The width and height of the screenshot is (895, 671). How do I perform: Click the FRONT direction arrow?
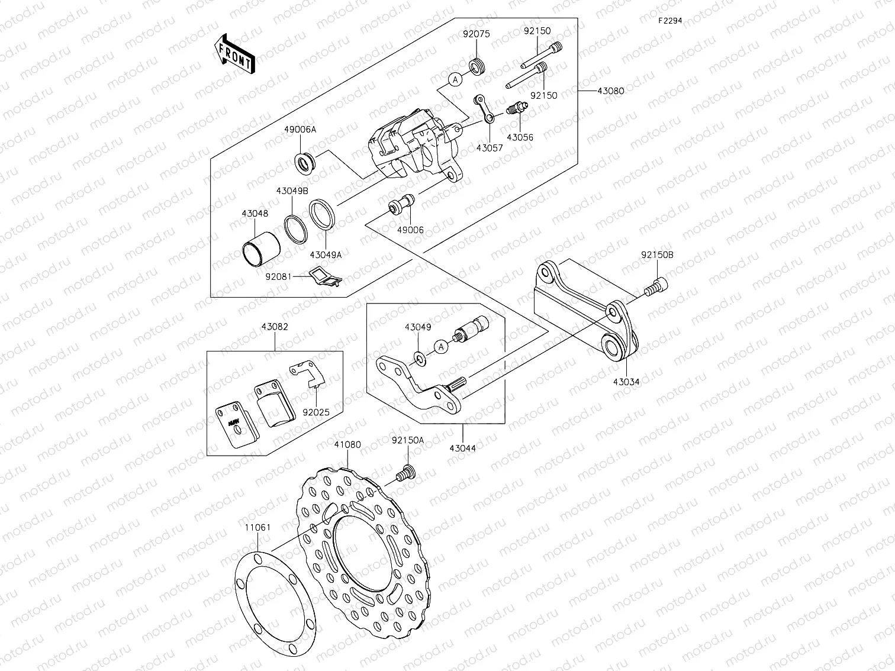point(234,54)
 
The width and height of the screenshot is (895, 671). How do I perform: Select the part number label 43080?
point(610,91)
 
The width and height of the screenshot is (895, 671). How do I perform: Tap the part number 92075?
point(476,34)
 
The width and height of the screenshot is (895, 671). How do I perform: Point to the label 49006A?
point(304,129)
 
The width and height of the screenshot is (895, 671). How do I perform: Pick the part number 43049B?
point(292,191)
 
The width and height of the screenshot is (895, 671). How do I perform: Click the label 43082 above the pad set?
point(273,327)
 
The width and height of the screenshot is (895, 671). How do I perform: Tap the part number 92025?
point(315,412)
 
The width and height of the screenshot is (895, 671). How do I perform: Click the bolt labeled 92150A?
point(406,472)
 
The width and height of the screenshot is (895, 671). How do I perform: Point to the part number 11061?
point(256,527)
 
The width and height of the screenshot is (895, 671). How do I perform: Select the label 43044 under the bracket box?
point(462,448)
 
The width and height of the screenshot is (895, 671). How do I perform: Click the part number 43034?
point(626,382)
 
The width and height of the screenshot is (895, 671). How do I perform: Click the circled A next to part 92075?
point(455,79)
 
